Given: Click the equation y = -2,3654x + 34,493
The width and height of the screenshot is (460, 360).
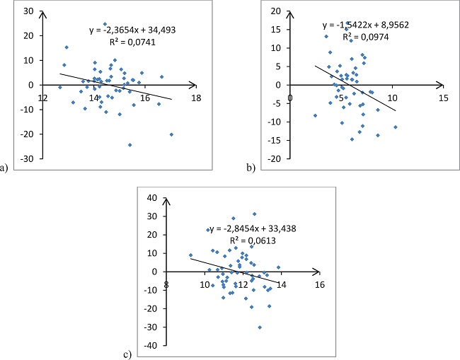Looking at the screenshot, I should click(x=135, y=30).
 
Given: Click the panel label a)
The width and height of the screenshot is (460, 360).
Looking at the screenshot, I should click(x=6, y=168).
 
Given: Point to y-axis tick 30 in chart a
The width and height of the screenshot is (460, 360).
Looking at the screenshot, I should click(x=27, y=12).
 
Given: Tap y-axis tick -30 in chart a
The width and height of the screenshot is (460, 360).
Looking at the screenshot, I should click(x=25, y=158).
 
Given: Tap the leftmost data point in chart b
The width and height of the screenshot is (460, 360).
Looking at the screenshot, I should click(x=315, y=115).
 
